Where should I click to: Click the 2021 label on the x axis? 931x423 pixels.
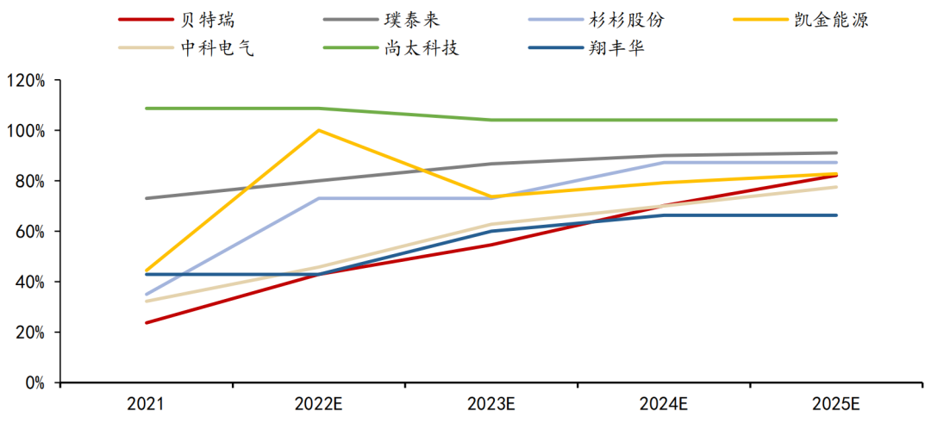tap(147, 403)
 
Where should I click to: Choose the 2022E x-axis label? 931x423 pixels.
tap(319, 403)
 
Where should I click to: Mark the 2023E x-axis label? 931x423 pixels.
tap(491, 403)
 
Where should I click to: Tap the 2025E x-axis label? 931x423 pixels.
tap(836, 403)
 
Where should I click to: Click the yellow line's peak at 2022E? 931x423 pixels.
tap(319, 130)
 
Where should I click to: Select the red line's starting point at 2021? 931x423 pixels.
tap(147, 323)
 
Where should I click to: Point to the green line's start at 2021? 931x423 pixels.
tap(147, 109)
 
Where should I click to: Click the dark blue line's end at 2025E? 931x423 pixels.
tap(836, 215)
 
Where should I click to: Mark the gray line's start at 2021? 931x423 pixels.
tap(147, 198)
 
